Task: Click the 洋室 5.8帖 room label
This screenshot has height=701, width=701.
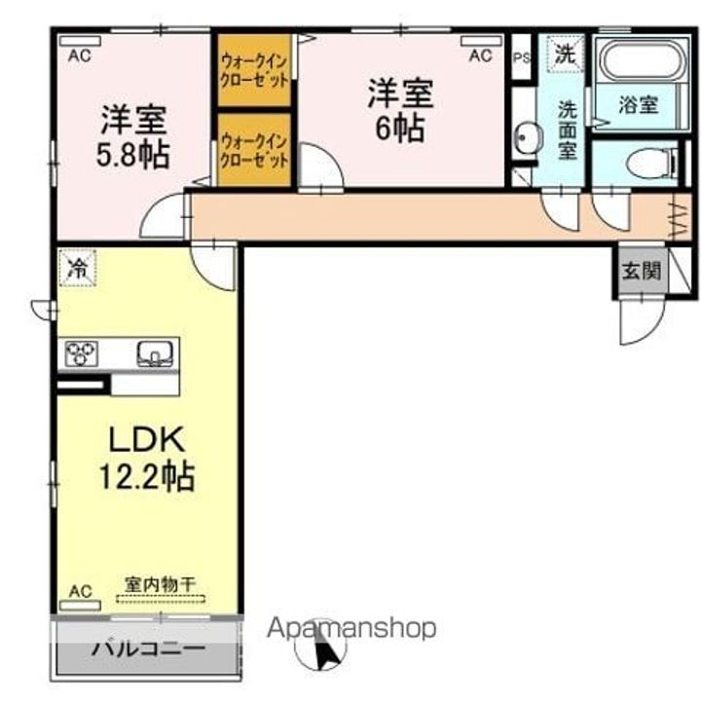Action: [x=136, y=135]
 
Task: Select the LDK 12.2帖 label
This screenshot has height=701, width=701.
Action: [x=145, y=459]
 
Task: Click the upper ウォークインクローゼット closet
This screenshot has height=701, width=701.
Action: [x=254, y=69]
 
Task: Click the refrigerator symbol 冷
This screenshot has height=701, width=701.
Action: [x=76, y=269]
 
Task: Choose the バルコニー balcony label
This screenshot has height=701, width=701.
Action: [x=148, y=647]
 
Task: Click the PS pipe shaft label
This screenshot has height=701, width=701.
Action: [x=522, y=56]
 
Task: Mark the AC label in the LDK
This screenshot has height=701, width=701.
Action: [x=79, y=590]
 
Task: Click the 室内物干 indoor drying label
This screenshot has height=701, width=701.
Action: [x=160, y=585]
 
